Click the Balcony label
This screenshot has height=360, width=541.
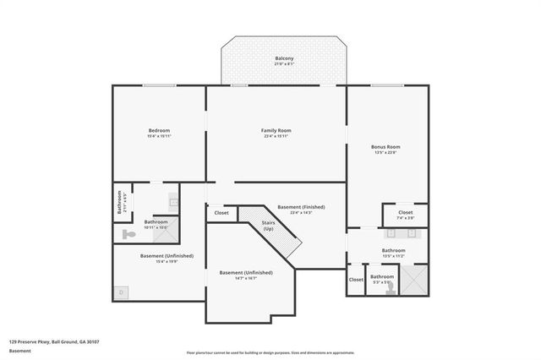point(284,58)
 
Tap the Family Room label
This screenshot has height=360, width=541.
point(276,130)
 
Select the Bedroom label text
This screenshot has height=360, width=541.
point(159,130)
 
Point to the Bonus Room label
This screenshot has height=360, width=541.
point(385,147)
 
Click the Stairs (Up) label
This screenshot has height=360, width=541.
point(268,227)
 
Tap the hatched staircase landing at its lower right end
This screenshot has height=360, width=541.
point(292,247)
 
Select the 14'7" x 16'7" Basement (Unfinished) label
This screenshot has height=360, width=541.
point(245,273)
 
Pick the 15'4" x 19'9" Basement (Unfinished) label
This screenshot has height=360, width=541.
point(159,256)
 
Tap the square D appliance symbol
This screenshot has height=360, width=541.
point(121,292)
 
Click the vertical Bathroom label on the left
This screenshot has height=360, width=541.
point(119,204)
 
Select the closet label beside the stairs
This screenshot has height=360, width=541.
point(221,213)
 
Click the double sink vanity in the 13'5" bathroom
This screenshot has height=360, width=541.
point(402,232)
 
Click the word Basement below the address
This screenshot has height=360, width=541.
point(19,351)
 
